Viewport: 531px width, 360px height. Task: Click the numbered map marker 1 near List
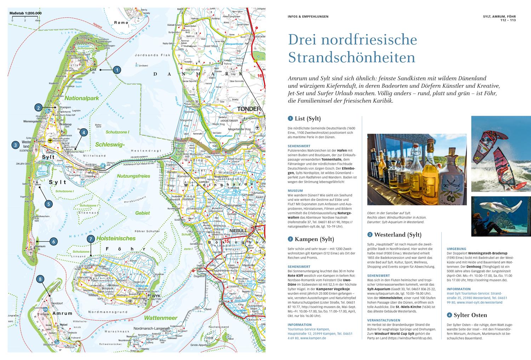click(117, 70)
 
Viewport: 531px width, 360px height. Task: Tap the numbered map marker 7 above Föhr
click(91, 239)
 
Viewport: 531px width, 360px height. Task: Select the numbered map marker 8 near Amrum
click(41, 279)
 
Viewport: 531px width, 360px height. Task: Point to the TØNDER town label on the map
click(249, 109)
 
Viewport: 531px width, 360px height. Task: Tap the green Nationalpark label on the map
click(81, 99)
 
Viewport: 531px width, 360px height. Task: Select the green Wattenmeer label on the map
click(160, 318)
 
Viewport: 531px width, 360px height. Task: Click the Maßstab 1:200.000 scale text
click(25, 13)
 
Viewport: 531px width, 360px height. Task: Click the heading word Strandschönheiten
click(352, 57)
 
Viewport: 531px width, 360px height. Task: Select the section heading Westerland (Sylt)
click(398, 234)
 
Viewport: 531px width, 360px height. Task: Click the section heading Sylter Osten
click(467, 315)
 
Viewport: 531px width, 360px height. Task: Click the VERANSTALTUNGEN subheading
click(383, 320)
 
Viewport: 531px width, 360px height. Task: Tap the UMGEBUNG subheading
click(456, 249)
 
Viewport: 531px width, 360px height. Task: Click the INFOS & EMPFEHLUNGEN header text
click(308, 16)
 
